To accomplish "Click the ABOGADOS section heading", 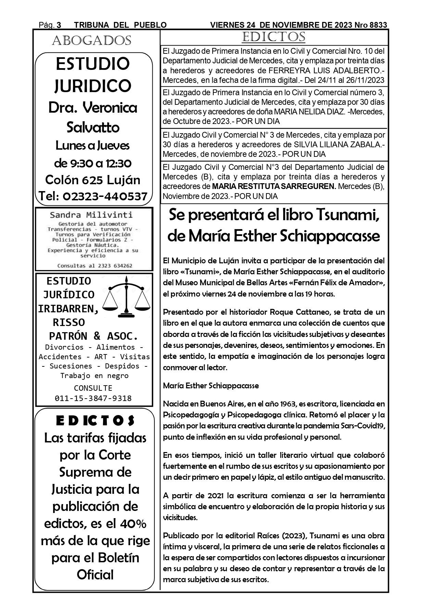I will (x=91, y=41).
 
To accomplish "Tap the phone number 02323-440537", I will (x=105, y=196).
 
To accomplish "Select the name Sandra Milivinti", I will (x=91, y=215).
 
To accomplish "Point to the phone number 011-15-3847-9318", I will (x=93, y=398).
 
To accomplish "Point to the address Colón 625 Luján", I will (x=93, y=180).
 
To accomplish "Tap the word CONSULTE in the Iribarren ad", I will (x=93, y=388).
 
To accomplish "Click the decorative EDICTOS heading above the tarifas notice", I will (x=95, y=421).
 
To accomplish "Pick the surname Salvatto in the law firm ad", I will (x=93, y=127).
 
